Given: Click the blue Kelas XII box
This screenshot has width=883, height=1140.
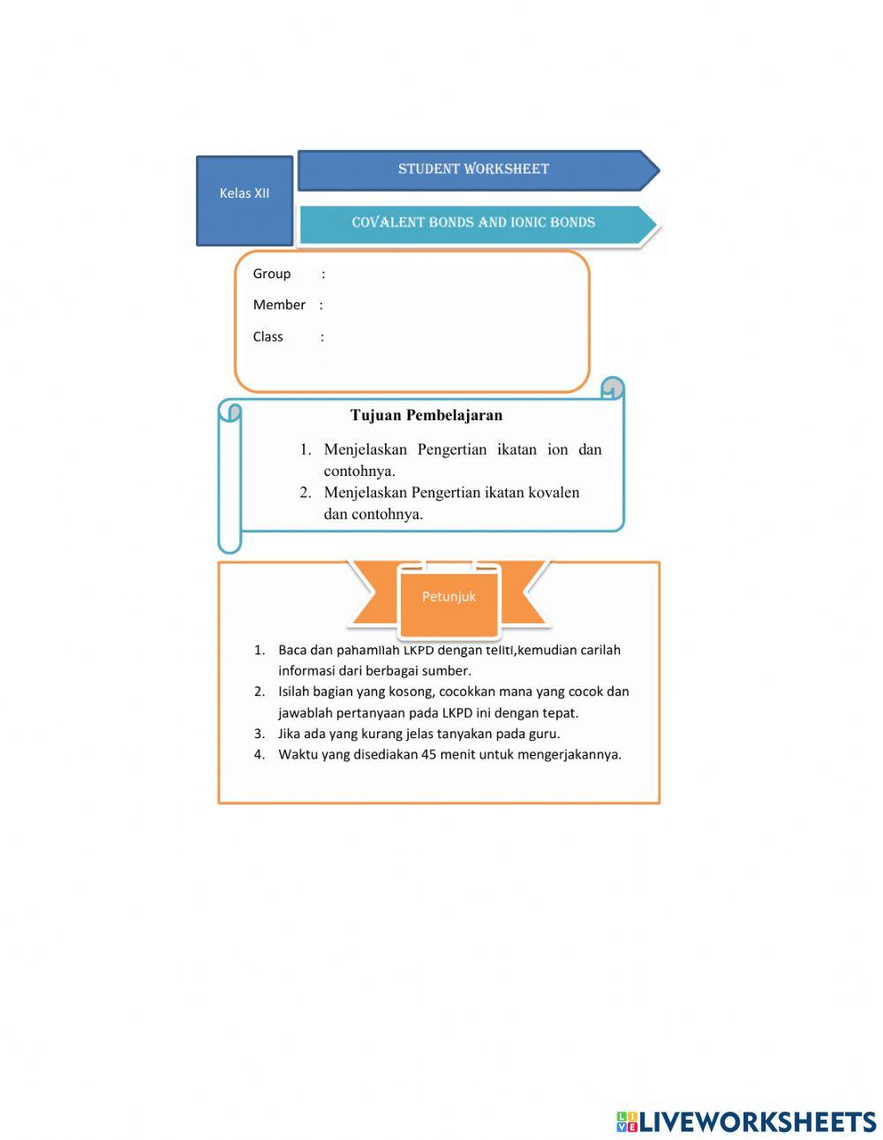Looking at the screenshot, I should (x=245, y=200).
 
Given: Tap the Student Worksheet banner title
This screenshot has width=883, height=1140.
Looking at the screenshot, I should (x=473, y=169).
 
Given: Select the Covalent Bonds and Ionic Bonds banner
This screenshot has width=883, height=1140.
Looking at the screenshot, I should (x=473, y=223).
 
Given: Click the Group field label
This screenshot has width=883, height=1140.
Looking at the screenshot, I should (x=271, y=274).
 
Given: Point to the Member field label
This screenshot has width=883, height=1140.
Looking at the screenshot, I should (x=279, y=305).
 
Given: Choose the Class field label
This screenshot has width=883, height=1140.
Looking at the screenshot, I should (x=268, y=336).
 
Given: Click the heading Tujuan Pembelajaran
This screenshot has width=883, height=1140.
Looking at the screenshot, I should (x=426, y=415).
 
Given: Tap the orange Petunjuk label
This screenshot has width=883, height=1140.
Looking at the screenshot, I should (x=449, y=597).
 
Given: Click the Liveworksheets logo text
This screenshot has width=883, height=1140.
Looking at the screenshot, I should (x=758, y=1121).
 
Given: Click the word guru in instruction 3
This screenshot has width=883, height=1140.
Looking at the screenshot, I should (x=543, y=733).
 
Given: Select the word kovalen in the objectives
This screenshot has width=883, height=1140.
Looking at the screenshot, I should (x=554, y=492).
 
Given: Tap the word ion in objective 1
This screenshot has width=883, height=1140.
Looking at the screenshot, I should (x=557, y=449).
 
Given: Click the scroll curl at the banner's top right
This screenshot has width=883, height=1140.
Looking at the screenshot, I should (x=612, y=389).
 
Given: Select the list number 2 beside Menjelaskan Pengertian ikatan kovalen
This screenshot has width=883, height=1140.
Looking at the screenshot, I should (x=305, y=492).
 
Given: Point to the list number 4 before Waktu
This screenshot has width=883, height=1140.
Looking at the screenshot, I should (x=260, y=754).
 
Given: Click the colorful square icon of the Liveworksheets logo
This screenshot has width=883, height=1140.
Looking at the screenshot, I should (x=627, y=1121).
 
